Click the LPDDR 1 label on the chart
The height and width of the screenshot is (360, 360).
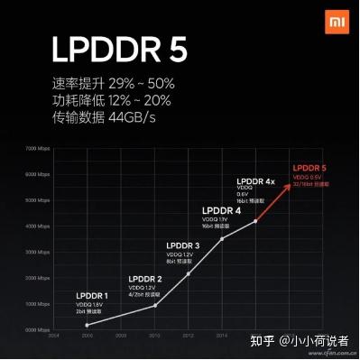tap(91, 295)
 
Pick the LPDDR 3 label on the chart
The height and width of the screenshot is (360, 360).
tap(186, 245)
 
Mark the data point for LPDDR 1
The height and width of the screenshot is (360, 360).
tap(88, 324)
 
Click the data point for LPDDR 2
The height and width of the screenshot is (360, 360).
tap(155, 306)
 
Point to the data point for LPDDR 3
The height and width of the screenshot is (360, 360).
tap(188, 273)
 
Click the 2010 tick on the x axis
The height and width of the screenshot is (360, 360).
tap(154, 335)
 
